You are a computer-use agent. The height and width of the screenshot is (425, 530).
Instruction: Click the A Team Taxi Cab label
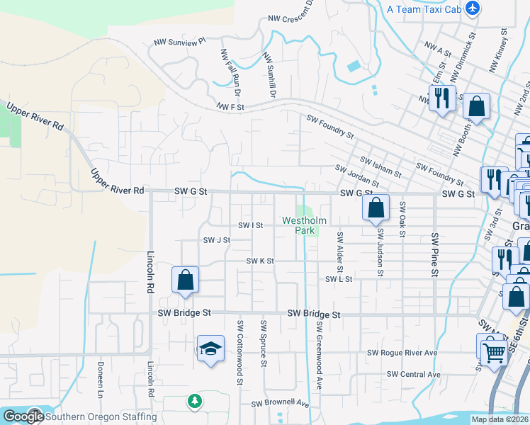click(424, 9)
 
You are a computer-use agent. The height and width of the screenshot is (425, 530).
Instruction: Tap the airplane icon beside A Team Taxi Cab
click(473, 9)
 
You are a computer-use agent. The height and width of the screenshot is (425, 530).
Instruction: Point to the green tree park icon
click(194, 402)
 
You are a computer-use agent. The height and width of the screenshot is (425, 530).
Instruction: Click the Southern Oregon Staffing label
click(101, 416)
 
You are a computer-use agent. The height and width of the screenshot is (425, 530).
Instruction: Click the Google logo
click(23, 416)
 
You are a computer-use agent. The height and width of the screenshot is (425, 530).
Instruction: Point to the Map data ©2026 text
click(500, 419)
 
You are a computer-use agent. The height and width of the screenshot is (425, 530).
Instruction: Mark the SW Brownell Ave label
click(281, 404)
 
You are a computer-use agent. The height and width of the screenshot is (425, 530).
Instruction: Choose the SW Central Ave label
click(414, 374)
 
